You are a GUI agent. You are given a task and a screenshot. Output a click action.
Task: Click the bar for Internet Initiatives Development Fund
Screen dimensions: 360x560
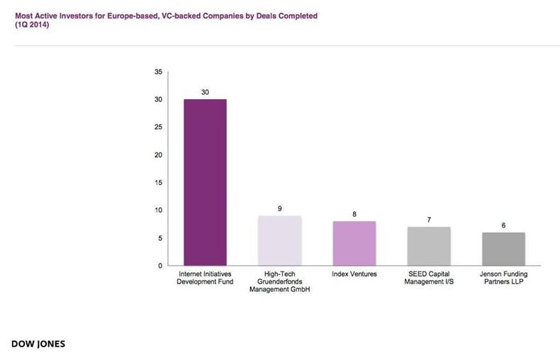click(x=205, y=182)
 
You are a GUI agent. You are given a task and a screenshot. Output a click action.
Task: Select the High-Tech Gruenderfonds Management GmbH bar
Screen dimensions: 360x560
click(x=280, y=240)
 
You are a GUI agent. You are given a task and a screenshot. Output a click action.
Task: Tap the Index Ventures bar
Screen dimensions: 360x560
click(x=354, y=243)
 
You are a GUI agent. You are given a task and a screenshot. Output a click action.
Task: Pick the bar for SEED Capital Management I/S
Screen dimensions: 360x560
click(x=429, y=246)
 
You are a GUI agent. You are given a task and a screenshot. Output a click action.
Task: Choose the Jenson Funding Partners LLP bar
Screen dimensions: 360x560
click(x=503, y=249)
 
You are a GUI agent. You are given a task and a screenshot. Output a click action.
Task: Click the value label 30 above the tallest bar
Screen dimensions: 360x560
click(x=205, y=92)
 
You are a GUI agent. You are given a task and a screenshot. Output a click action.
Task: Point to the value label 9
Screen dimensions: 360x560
click(x=280, y=208)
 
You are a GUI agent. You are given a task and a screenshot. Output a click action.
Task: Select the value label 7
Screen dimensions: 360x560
click(x=429, y=220)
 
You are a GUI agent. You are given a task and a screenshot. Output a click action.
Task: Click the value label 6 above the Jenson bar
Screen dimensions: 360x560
click(x=503, y=225)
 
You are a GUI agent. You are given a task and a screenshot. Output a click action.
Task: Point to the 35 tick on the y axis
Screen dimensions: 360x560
click(x=158, y=72)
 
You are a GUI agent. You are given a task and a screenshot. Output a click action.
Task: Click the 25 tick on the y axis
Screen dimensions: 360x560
click(x=158, y=128)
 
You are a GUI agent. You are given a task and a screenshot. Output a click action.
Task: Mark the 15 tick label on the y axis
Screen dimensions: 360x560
click(x=158, y=183)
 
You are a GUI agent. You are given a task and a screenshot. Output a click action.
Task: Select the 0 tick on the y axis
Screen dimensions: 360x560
click(x=160, y=266)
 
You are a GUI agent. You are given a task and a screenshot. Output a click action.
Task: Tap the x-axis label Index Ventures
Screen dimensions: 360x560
click(x=354, y=274)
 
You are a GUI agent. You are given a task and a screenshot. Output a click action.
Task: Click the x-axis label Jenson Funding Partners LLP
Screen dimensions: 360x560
click(x=503, y=278)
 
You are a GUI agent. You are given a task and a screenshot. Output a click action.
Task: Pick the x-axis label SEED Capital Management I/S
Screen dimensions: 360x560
click(x=429, y=278)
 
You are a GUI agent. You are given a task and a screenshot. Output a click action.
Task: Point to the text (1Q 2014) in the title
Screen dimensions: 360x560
click(x=31, y=24)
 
